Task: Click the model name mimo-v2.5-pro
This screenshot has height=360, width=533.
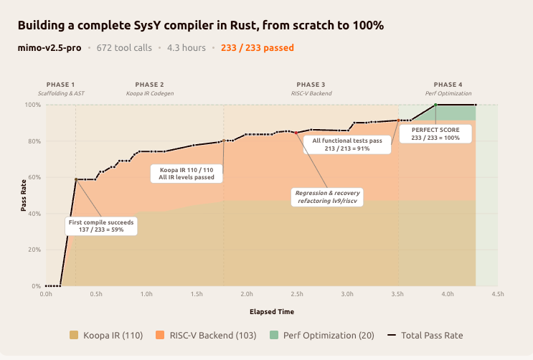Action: [x=49, y=48]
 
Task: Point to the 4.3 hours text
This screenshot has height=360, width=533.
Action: [x=186, y=48]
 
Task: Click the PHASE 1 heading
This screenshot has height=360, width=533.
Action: [x=60, y=85]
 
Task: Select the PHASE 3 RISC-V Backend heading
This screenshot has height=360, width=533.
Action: [x=311, y=89]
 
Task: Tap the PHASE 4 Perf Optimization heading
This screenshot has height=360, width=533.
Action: [x=448, y=89]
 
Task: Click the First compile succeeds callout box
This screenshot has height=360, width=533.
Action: [x=101, y=226]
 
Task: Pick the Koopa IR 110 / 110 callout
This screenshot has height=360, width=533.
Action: [x=186, y=173]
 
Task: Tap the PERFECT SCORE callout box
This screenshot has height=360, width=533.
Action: [x=435, y=133]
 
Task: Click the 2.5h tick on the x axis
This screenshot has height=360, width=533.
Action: [x=297, y=294]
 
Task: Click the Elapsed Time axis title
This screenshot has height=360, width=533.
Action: [x=272, y=312]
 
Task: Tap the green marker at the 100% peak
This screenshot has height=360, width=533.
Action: [x=435, y=105]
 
